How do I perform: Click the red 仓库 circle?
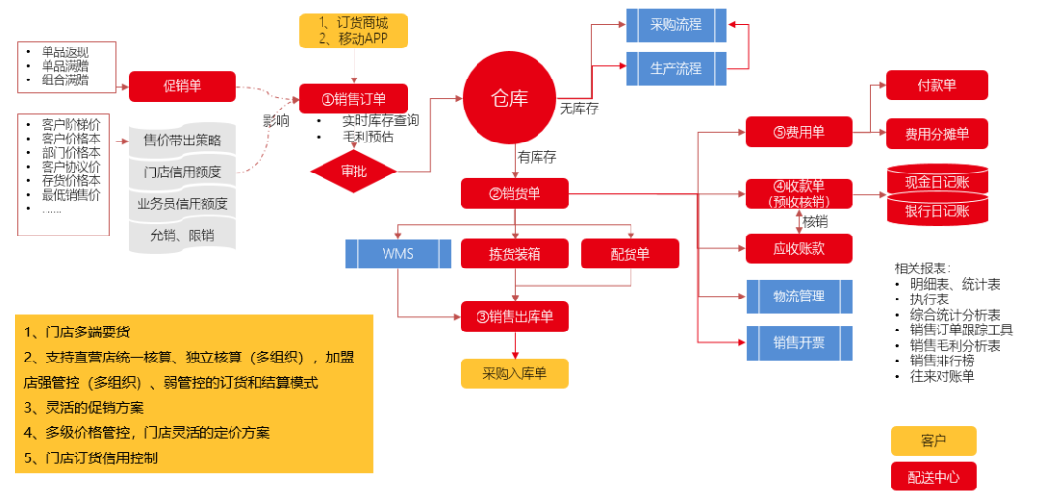pos(509,98)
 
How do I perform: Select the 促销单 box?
pos(182,86)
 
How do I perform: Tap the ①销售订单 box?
pos(354,99)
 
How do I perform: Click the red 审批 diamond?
pos(354,171)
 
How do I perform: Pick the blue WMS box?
pos(398,254)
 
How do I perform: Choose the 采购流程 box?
pos(675,24)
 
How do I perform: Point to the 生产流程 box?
pos(675,69)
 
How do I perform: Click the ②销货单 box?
pos(514,194)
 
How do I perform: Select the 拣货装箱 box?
pos(514,254)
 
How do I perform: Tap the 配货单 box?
pos(630,254)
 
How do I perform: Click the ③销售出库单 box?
pos(514,316)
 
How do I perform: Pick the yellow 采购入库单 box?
pos(514,373)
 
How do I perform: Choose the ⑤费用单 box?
pos(799,133)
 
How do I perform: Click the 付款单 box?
pos(937,85)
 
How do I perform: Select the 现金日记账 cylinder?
pos(937,181)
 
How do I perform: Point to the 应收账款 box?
pos(799,248)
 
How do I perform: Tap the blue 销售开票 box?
pos(799,341)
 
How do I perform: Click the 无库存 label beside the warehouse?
pos(579,109)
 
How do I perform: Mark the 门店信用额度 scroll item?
pos(182,173)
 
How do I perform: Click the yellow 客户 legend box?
pos(934,441)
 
